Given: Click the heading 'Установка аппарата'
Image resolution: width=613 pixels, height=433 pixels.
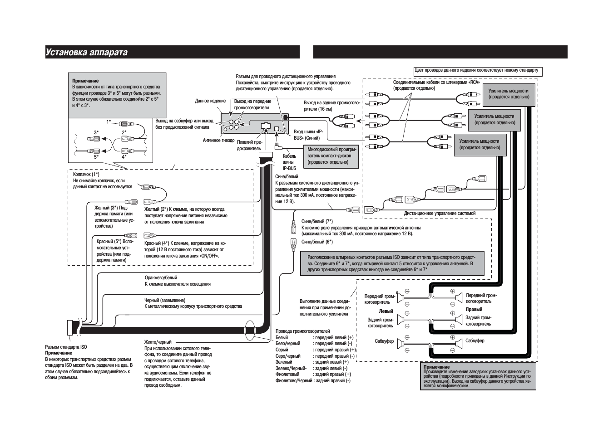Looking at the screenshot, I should click(86, 53).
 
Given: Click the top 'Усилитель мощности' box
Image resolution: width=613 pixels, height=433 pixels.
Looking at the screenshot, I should click(509, 94).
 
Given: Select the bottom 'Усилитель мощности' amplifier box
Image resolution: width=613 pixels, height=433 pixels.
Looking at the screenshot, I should click(480, 145).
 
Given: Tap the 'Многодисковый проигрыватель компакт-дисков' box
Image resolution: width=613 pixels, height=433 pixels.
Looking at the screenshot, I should click(331, 156).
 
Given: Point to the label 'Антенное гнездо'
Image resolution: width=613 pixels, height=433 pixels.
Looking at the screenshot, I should click(218, 141).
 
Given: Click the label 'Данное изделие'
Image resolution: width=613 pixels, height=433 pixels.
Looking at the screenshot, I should click(210, 101).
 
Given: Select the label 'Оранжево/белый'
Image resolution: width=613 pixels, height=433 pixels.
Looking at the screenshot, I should click(161, 277).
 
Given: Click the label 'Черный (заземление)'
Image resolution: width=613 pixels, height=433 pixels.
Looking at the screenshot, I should click(165, 300).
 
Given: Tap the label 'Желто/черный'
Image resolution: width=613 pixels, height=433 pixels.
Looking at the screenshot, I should click(158, 342).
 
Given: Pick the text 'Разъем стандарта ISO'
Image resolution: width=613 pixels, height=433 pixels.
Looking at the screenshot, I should click(66, 347).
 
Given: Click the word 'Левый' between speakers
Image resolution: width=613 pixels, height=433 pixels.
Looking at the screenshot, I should click(386, 311).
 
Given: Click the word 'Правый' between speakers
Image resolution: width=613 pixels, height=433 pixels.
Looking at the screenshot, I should click(474, 309).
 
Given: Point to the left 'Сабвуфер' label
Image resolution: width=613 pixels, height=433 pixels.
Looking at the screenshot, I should click(384, 341).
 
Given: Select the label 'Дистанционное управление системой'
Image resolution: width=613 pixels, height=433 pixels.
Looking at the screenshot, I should click(440, 213).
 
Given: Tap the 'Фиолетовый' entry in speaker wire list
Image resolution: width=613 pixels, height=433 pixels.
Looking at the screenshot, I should click(287, 375).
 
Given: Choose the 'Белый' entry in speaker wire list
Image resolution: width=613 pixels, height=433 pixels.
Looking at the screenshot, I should click(282, 337).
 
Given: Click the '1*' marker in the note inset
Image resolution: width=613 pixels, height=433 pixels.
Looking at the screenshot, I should click(109, 122).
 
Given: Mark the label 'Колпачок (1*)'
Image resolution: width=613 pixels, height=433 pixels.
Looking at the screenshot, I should click(86, 174).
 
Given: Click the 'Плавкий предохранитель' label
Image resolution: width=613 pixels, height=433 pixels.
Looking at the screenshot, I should click(249, 145).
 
